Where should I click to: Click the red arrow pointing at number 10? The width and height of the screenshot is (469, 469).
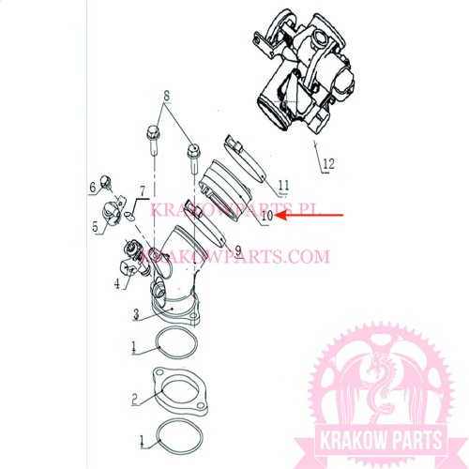[309, 215]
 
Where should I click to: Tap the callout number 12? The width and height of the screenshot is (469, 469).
[328, 163]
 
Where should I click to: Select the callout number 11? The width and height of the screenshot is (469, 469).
[284, 186]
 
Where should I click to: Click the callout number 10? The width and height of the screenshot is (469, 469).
[267, 216]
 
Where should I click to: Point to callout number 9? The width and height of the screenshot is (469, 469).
[238, 250]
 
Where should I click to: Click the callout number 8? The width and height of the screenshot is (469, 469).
[167, 96]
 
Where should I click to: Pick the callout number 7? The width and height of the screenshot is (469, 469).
[143, 190]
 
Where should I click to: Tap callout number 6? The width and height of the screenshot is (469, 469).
[93, 188]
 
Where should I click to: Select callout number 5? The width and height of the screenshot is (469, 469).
[96, 227]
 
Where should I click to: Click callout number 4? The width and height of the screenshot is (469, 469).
[117, 283]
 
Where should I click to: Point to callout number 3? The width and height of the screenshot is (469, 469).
[136, 314]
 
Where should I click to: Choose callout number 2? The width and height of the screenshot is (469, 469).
[134, 400]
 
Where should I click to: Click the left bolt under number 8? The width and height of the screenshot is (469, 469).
[153, 140]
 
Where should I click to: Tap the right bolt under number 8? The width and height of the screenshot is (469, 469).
[193, 158]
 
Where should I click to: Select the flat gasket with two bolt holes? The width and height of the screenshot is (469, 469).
[180, 391]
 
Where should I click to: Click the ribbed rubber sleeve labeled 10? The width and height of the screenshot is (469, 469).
[226, 190]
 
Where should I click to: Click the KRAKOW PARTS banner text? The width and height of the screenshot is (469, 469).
[381, 441]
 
